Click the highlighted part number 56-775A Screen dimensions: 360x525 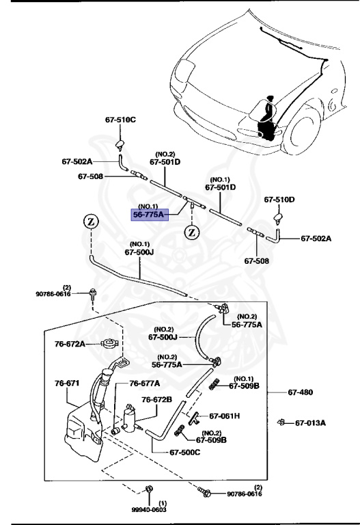tap(149, 215)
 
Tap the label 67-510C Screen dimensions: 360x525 tap(120, 120)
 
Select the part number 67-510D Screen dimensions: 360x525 tap(279, 200)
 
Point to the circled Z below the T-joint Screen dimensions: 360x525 tap(192, 232)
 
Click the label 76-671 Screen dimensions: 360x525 tap(67, 383)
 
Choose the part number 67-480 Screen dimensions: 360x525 tap(300, 392)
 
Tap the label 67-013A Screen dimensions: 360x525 tap(310, 423)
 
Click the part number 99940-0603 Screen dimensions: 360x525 tap(148, 509)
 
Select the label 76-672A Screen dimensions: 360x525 tap(70, 344)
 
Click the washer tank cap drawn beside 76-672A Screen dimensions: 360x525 tap(109, 343)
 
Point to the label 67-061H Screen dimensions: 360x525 tap(225, 416)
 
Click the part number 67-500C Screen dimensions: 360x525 tap(185, 453)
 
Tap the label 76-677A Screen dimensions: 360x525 tap(145, 383)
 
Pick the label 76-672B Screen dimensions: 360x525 tap(156, 399)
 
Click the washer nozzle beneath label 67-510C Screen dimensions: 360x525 tap(120, 145)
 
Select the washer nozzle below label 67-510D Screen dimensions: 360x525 tap(279, 218)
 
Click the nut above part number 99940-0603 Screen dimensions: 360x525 tap(148, 489)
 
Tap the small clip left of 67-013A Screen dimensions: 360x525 tap(281, 422)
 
